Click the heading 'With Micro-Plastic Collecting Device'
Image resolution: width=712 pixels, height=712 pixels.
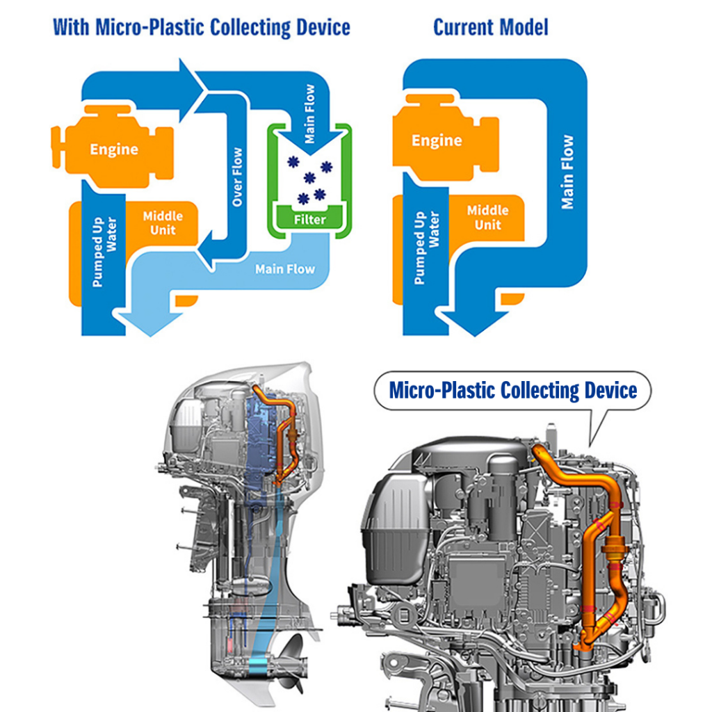coord(201,28)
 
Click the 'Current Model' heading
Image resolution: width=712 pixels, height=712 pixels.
coord(490,28)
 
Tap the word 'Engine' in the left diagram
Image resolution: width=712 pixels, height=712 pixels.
coord(114,149)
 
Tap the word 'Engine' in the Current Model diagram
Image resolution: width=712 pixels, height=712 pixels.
coord(437,140)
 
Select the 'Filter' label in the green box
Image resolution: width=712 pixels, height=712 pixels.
coord(309,220)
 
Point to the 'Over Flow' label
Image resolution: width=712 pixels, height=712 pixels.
coord(238,177)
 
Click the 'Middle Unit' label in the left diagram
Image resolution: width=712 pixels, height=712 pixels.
coord(163,222)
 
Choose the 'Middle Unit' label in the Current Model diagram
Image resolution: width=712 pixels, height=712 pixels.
coord(487,217)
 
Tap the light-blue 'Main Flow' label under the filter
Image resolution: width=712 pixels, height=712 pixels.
coord(285,268)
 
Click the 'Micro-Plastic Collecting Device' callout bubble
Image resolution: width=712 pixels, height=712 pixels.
coord(512,391)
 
